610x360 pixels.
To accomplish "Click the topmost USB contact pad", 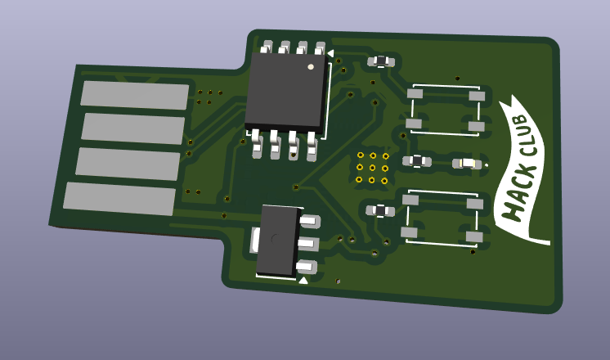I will (134, 95).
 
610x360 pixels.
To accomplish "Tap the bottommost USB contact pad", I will (119, 199).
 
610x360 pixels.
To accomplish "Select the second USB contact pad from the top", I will (132, 128).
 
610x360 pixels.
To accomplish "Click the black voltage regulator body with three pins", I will (278, 240).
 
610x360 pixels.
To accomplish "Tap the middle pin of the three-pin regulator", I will (309, 243).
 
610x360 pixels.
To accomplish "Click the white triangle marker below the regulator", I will (303, 281).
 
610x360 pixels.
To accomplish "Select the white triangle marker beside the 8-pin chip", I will (330, 52).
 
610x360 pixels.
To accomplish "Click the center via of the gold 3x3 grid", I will (372, 168).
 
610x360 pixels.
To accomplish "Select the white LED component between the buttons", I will (467, 164).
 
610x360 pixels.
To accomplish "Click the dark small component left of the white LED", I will (416, 161).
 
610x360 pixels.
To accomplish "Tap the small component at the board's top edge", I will (380, 61).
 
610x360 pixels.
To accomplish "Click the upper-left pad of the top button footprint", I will (415, 93).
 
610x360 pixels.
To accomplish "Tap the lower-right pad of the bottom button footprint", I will (473, 236).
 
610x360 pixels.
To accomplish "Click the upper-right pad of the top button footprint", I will (477, 96).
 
